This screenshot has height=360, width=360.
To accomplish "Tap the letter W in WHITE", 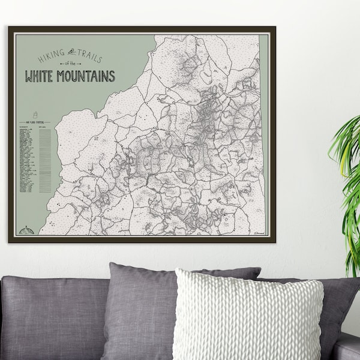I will tap(29, 77).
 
